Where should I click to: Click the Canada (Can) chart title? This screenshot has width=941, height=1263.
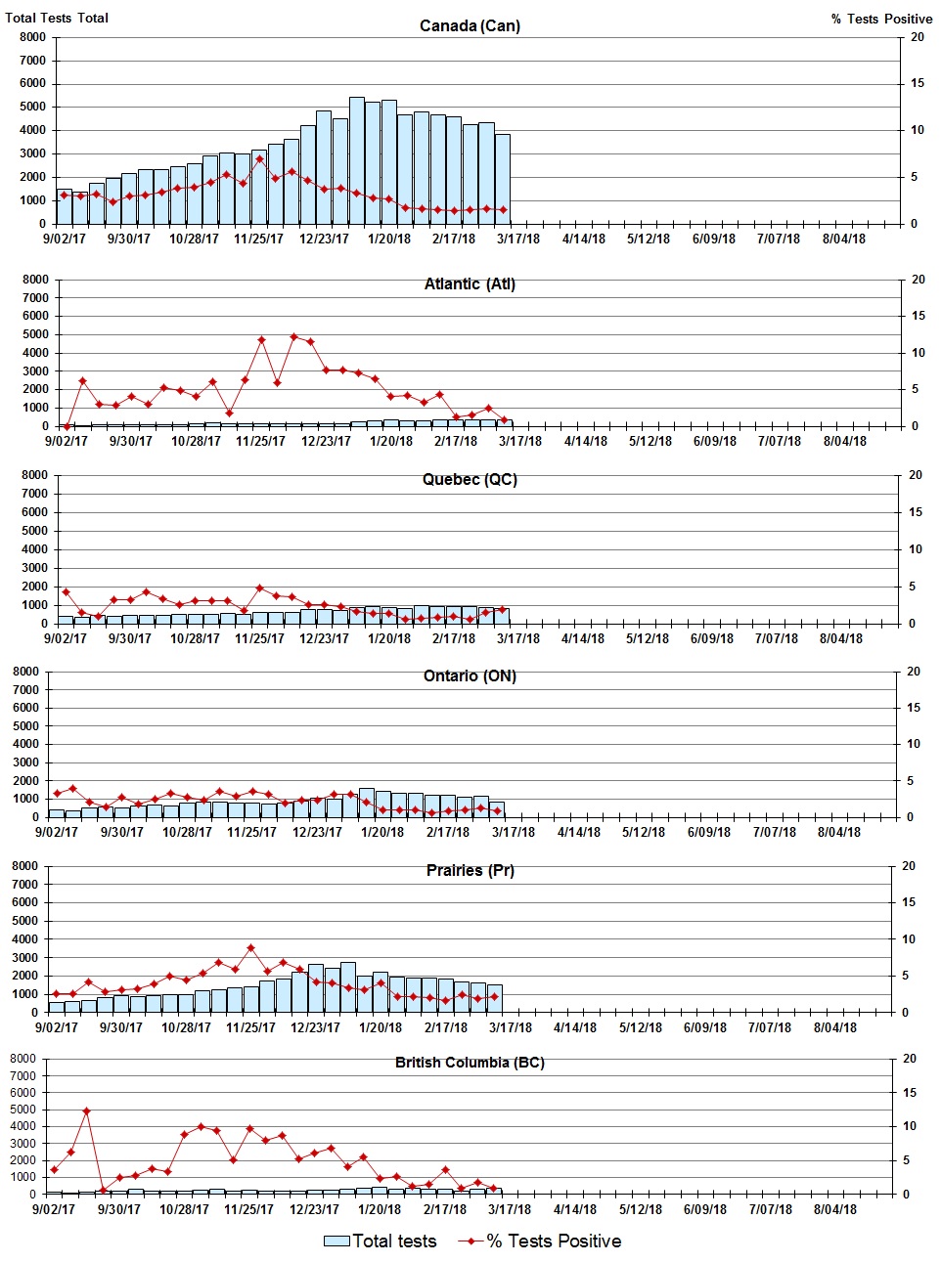coord(470,25)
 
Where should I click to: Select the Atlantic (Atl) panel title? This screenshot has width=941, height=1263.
coord(470,283)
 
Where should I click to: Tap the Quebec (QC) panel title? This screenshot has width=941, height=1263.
coord(470,479)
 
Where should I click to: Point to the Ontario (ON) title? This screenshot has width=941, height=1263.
coord(470,675)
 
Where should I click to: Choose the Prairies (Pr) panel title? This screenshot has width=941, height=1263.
coord(470,870)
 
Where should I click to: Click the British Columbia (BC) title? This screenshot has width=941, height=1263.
coord(470,1062)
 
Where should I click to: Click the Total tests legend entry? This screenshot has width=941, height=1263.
coord(381,1241)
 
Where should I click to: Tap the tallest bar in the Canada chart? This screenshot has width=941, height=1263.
coord(357,161)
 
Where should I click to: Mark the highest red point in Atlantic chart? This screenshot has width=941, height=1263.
coord(293,337)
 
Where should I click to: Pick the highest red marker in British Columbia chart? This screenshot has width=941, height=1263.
coord(86,1111)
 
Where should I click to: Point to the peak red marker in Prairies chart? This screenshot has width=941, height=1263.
coord(250,947)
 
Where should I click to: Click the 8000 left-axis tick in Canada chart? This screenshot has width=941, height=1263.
coord(32,37)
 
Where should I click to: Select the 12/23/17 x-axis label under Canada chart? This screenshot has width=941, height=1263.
coord(324,239)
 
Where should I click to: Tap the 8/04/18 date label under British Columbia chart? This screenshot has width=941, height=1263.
coord(835,1209)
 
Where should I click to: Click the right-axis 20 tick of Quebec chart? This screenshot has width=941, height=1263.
coord(916,475)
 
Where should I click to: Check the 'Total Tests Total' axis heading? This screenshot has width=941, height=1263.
coord(57,18)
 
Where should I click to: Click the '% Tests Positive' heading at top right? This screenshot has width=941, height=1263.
coord(881,19)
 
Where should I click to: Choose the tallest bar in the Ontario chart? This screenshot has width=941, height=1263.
coord(366,803)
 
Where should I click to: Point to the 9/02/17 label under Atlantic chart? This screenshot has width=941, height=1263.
coord(66,441)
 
